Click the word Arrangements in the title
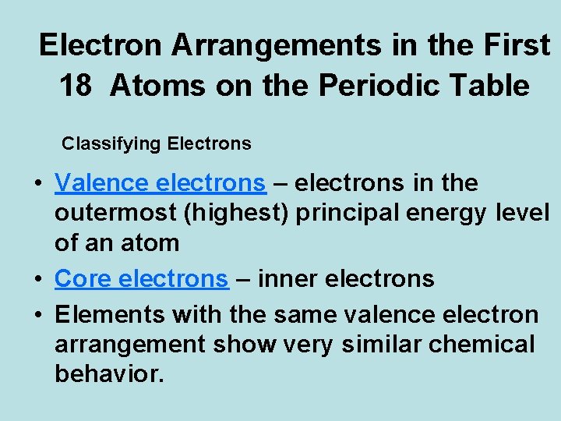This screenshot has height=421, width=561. [x=277, y=46]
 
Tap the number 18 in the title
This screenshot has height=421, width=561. [x=76, y=86]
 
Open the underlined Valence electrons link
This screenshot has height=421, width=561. [x=160, y=183]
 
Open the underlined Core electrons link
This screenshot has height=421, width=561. [x=141, y=278]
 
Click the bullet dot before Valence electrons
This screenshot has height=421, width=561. [x=37, y=185]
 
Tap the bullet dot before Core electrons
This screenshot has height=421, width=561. [x=37, y=280]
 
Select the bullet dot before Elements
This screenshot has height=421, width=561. [x=37, y=316]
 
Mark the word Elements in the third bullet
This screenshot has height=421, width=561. [x=110, y=315]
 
